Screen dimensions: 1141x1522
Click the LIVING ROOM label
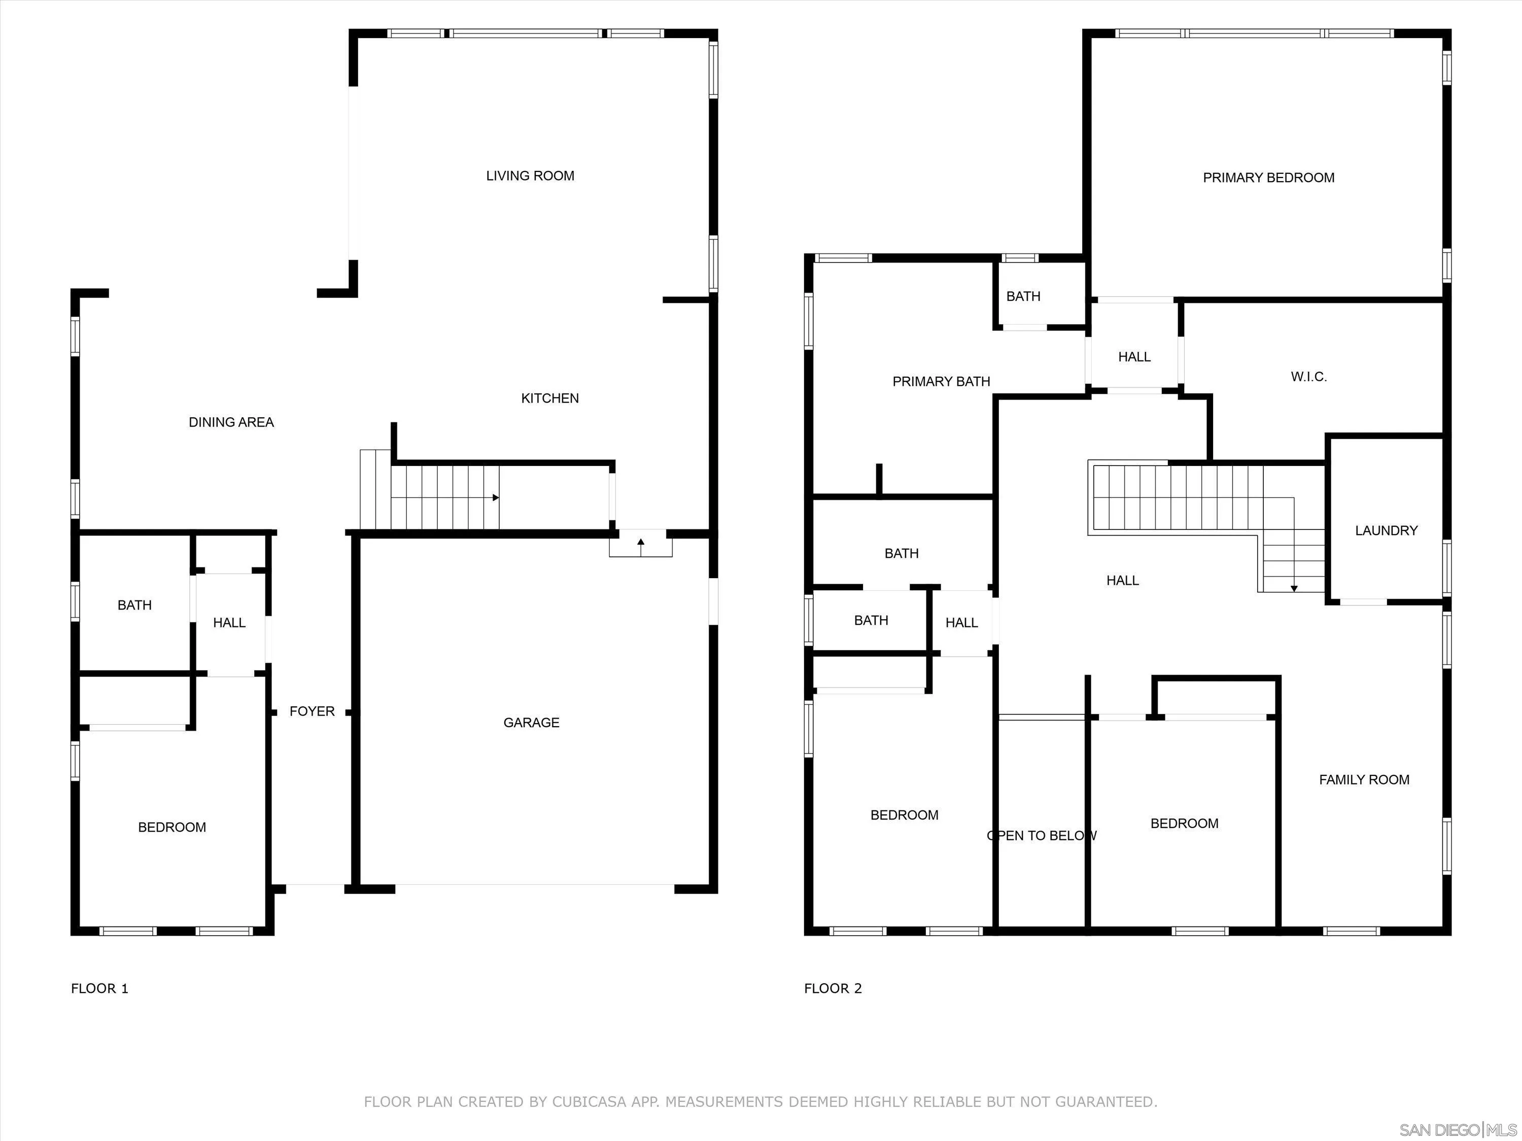(530, 176)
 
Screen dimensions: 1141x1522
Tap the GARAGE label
(531, 723)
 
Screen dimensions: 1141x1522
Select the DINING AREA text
(231, 422)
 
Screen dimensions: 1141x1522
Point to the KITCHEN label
(550, 398)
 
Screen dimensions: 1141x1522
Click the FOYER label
(312, 711)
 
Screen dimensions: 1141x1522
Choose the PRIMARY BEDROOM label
(1268, 178)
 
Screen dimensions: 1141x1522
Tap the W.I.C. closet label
(1308, 377)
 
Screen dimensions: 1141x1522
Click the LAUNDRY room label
(1386, 531)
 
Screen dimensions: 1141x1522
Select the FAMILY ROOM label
(1364, 780)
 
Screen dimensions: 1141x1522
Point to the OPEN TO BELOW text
(1041, 836)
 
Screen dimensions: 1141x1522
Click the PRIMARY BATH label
(941, 382)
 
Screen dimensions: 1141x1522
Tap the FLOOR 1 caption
(100, 988)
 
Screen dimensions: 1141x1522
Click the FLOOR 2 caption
(833, 988)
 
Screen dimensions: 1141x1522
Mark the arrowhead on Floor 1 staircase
(495, 497)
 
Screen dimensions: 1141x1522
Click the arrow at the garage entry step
(641, 543)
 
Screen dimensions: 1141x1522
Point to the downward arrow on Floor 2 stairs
(1294, 588)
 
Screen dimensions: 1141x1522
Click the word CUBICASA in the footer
(590, 1102)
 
